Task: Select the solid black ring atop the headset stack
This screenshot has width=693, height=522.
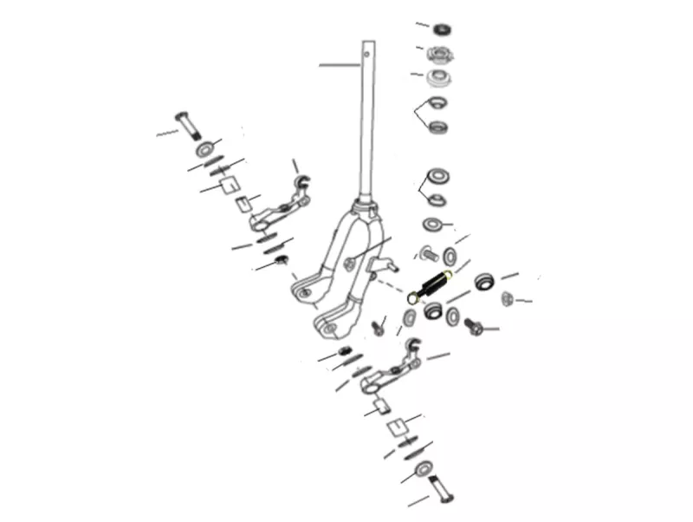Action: tap(444, 29)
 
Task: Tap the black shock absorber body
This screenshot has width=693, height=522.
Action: tap(432, 286)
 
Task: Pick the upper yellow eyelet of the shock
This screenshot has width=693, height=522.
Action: tap(447, 276)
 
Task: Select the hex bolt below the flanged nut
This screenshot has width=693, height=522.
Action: tap(475, 328)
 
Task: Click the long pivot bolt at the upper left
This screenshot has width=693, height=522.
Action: tap(188, 124)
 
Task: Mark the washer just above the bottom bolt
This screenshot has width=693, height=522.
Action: tap(425, 470)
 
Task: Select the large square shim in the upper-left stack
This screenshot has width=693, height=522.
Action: tap(228, 184)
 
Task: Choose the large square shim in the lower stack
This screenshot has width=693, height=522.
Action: tap(396, 426)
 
